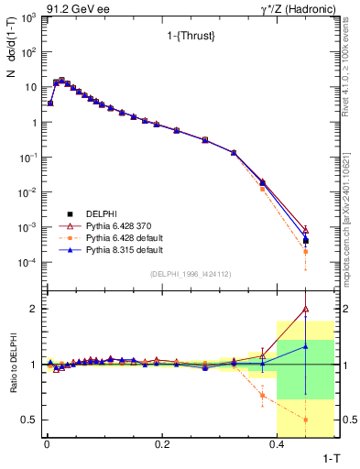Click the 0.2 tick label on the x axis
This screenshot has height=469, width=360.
(x=161, y=443)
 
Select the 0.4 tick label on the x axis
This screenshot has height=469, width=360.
(x=277, y=443)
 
